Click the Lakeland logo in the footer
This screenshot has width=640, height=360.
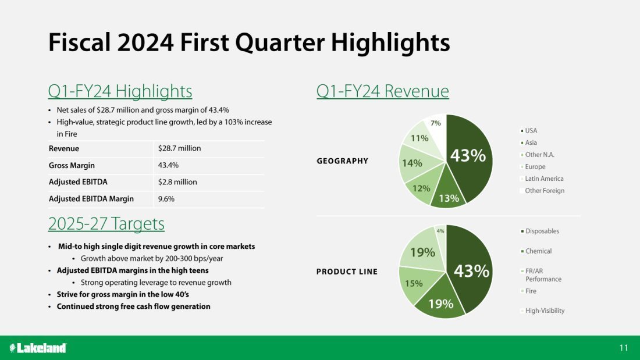(x=38, y=348)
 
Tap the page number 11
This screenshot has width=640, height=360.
(x=624, y=348)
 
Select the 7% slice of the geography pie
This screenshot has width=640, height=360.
(x=436, y=127)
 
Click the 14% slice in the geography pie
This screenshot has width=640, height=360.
(x=413, y=163)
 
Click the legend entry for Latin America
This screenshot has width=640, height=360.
(x=542, y=179)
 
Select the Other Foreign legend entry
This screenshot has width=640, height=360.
(x=542, y=191)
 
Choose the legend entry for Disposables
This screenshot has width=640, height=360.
(x=540, y=231)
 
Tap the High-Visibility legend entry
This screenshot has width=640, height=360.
(x=543, y=311)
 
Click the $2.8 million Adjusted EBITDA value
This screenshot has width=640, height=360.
(x=177, y=182)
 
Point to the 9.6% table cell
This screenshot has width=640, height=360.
(x=166, y=199)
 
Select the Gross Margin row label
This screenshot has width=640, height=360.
(x=72, y=165)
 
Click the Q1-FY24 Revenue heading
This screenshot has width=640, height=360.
(x=382, y=91)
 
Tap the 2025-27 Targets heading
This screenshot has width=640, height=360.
(x=106, y=224)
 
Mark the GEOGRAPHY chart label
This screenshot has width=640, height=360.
(x=342, y=161)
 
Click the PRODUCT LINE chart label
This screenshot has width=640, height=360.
(x=347, y=272)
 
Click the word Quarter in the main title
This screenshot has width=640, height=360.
(x=280, y=42)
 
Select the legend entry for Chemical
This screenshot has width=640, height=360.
(x=536, y=251)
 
